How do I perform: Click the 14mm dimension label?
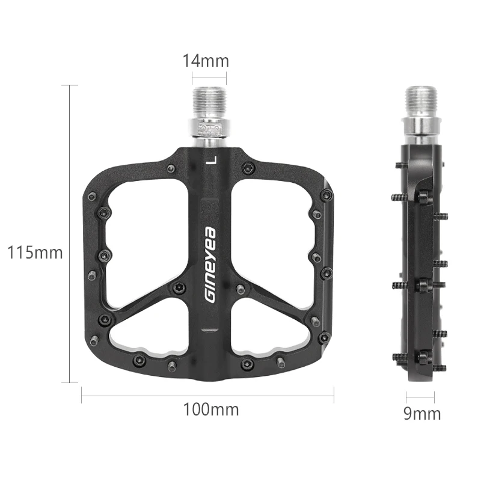click(206, 61)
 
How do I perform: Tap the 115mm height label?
click(35, 253)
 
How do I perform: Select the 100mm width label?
click(211, 410)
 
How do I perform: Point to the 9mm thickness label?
click(422, 414)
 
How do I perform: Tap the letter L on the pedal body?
click(210, 159)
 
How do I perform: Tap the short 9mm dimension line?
click(420, 396)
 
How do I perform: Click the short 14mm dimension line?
click(209, 77)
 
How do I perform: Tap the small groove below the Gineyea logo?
click(209, 330)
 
